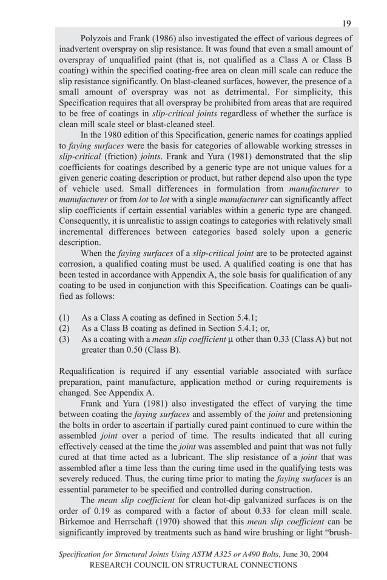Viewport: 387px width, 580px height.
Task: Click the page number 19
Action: coord(346,24)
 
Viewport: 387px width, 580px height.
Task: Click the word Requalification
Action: coord(90,372)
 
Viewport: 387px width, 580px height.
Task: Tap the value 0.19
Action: coord(88,512)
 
